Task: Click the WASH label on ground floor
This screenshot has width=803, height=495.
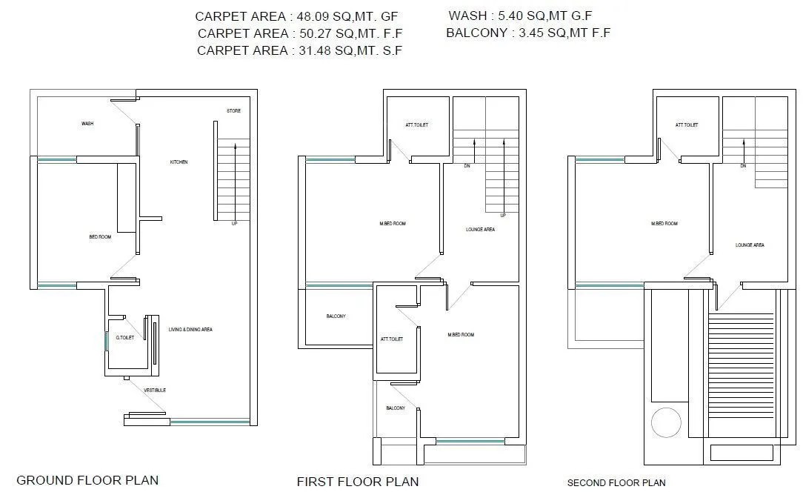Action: (87, 124)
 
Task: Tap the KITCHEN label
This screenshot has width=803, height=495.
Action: (179, 162)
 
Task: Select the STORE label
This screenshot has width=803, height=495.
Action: (233, 111)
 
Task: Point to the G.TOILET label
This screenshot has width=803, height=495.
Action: (124, 338)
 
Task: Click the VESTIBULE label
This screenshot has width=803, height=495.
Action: (155, 390)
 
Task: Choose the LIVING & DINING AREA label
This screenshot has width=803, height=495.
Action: (190, 329)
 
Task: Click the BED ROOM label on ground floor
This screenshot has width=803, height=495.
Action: (100, 237)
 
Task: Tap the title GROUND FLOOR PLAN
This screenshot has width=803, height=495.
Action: (87, 480)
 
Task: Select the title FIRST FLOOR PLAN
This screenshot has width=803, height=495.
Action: (358, 482)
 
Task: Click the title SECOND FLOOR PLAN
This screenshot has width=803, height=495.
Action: (616, 482)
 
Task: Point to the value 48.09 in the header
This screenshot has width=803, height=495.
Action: (312, 16)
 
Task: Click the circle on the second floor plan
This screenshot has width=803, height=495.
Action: (665, 423)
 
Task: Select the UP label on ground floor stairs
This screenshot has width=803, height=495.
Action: (235, 223)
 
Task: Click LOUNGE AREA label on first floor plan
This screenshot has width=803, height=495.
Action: (480, 230)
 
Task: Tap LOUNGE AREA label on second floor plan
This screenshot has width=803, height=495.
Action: (750, 245)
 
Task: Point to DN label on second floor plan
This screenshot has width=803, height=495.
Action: (742, 166)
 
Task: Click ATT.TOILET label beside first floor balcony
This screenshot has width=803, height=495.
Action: (392, 339)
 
